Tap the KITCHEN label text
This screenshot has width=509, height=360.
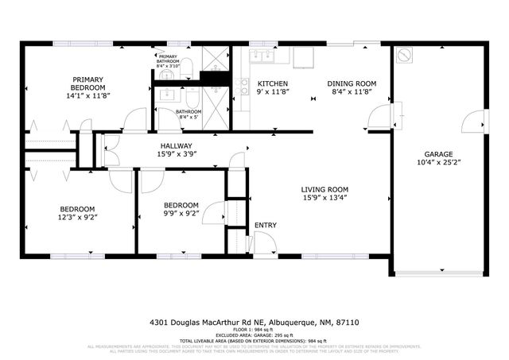point(272,83)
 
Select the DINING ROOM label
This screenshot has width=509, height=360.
point(350,83)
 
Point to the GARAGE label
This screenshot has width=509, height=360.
point(437,154)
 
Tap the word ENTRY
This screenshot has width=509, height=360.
point(265,226)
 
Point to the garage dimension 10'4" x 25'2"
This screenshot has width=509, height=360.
point(437,165)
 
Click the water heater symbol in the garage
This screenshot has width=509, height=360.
point(405,56)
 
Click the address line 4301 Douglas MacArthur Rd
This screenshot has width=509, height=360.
point(254,323)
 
